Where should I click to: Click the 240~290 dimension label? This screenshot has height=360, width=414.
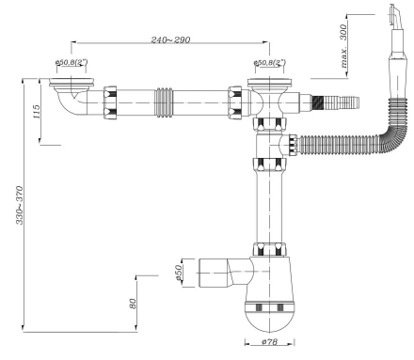point(170,39)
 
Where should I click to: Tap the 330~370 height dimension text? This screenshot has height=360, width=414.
point(20,205)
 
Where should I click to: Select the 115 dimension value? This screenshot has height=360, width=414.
point(37,112)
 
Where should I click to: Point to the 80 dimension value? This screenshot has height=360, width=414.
point(133,304)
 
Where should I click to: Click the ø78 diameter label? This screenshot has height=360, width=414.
point(269,341)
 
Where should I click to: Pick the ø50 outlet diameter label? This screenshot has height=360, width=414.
point(178,273)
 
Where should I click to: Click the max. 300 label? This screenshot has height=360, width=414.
point(343,46)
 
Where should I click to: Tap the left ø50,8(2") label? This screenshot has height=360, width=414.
point(72,62)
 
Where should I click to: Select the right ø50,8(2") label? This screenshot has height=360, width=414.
point(270,62)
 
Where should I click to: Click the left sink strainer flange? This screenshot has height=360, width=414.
point(72,82)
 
